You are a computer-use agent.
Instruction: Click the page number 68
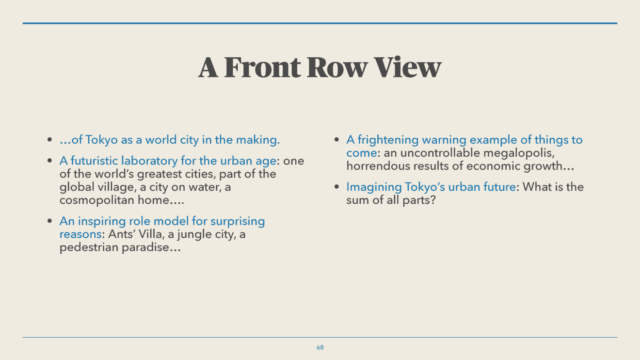pyautogui.click(x=320, y=347)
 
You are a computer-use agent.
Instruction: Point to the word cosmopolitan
pyautogui.click(x=97, y=200)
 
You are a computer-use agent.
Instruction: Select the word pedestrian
pyautogui.click(x=89, y=247)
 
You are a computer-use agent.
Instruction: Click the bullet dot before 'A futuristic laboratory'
pyautogui.click(x=50, y=161)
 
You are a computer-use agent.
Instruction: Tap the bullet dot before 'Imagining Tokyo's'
pyautogui.click(x=336, y=187)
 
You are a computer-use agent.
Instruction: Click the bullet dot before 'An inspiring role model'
pyautogui.click(x=50, y=221)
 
